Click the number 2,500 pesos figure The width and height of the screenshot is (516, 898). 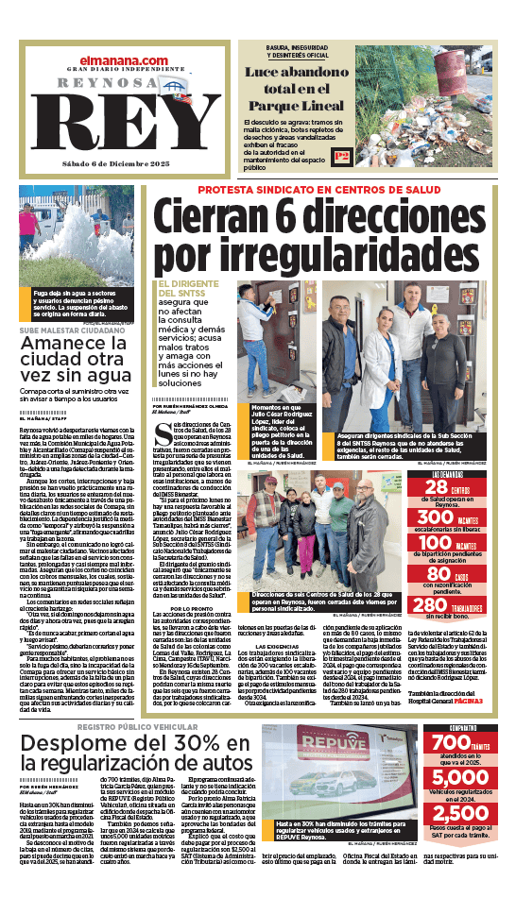[460, 814]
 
